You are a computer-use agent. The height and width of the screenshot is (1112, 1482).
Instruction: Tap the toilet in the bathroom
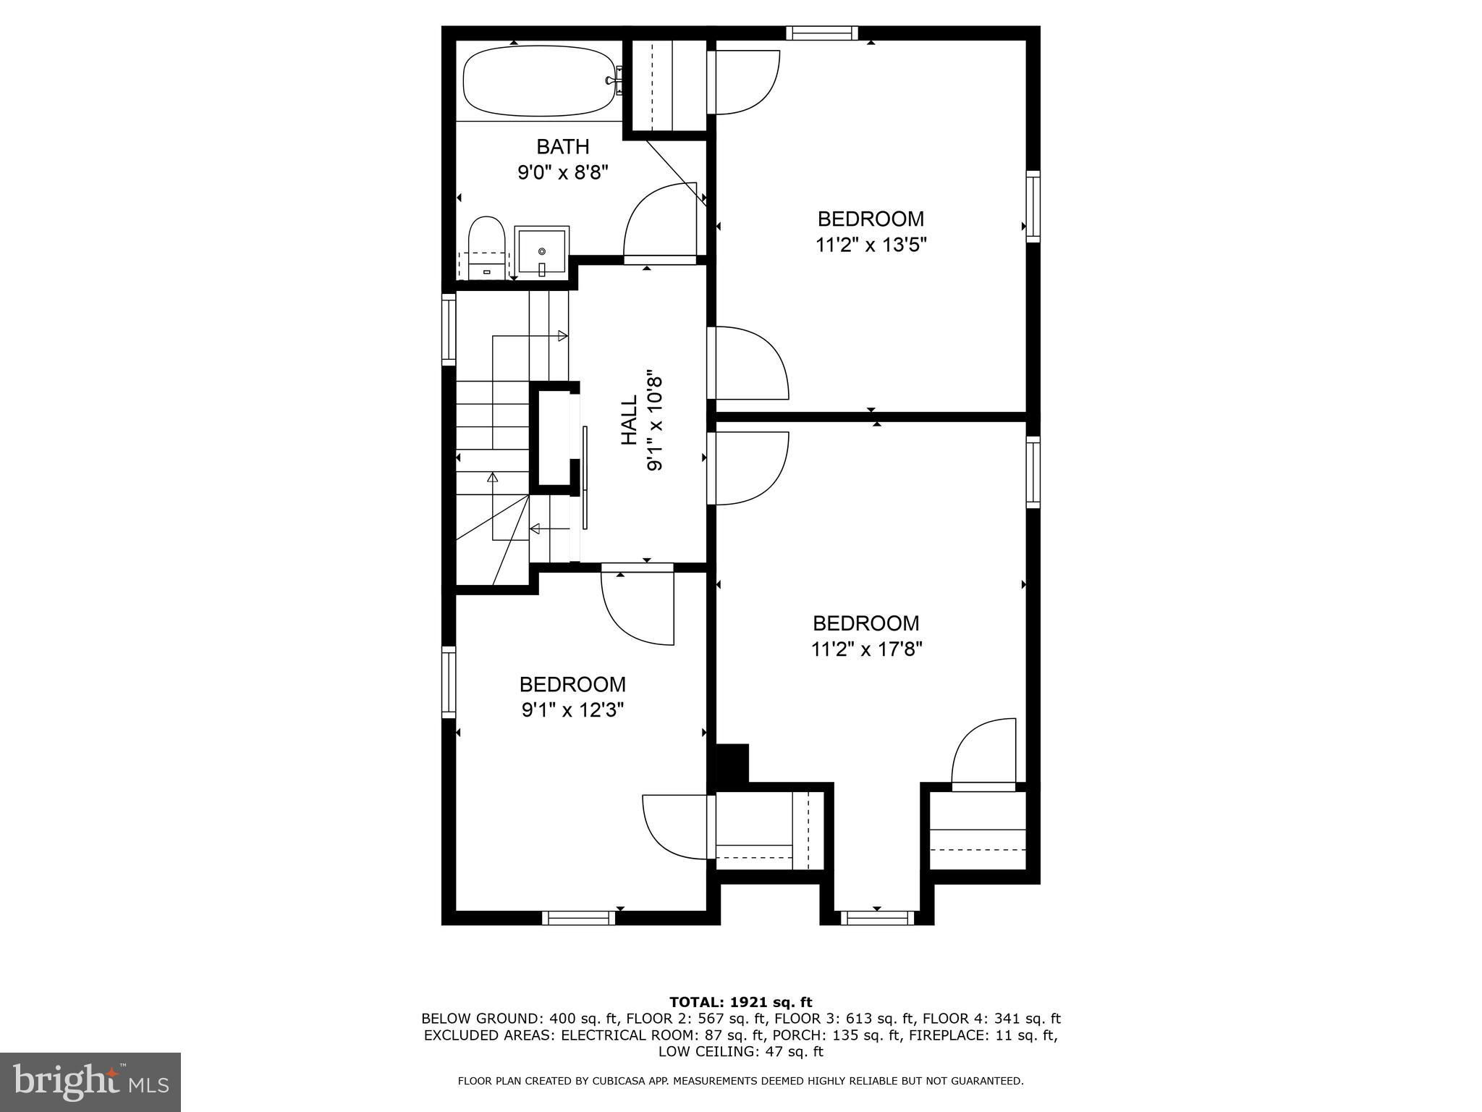click(486, 248)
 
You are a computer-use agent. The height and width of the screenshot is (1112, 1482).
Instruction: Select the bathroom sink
click(542, 251)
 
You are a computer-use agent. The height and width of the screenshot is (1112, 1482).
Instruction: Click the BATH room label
click(563, 147)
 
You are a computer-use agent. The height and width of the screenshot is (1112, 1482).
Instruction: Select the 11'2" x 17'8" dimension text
click(866, 649)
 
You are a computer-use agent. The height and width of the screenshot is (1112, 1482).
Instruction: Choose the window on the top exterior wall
click(821, 33)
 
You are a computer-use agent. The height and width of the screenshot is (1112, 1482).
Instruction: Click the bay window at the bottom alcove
click(877, 918)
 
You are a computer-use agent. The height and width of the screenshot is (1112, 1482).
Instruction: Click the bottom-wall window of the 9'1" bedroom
click(579, 918)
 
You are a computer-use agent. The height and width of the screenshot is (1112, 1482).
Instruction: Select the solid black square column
click(732, 763)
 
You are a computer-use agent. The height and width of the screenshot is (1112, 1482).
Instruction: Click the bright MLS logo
click(90, 1082)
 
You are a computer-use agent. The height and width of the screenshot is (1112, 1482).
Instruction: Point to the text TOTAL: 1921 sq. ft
click(741, 1003)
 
